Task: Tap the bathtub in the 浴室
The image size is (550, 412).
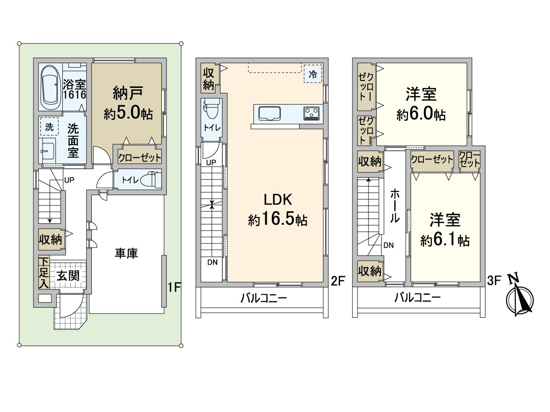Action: click(50, 87)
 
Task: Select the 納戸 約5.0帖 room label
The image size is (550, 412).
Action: click(128, 103)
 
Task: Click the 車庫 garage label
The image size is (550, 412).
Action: click(126, 254)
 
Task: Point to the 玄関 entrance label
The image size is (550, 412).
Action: click(68, 276)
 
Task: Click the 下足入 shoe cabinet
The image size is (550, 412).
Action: click(44, 272)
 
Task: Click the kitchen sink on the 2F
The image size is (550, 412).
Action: click(269, 114)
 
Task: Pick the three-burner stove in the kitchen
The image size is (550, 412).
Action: click(312, 113)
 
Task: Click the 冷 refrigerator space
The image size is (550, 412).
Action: click(313, 74)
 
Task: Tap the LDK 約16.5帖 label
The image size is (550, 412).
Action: click(278, 210)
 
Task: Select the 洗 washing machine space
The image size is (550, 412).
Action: click(49, 127)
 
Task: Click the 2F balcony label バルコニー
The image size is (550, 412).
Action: click(264, 298)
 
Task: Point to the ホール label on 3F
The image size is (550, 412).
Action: click(395, 206)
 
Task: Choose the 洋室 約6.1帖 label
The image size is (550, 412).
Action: click(445, 229)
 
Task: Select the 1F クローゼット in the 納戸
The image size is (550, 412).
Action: click(140, 157)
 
